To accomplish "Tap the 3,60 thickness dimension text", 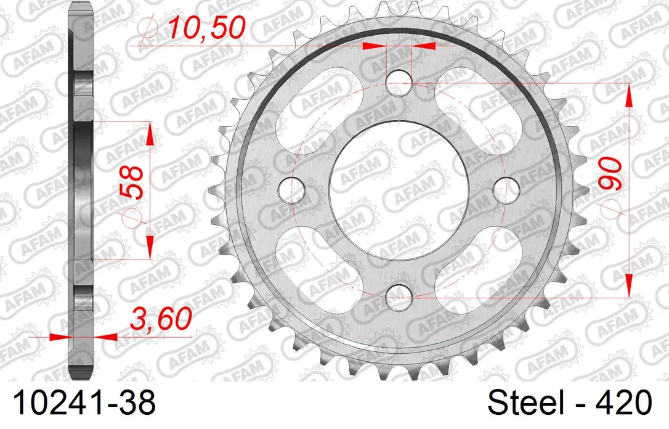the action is pyautogui.click(x=161, y=318).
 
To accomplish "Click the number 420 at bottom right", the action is pyautogui.click(x=626, y=402).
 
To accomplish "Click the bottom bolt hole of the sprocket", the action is pyautogui.click(x=399, y=296).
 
